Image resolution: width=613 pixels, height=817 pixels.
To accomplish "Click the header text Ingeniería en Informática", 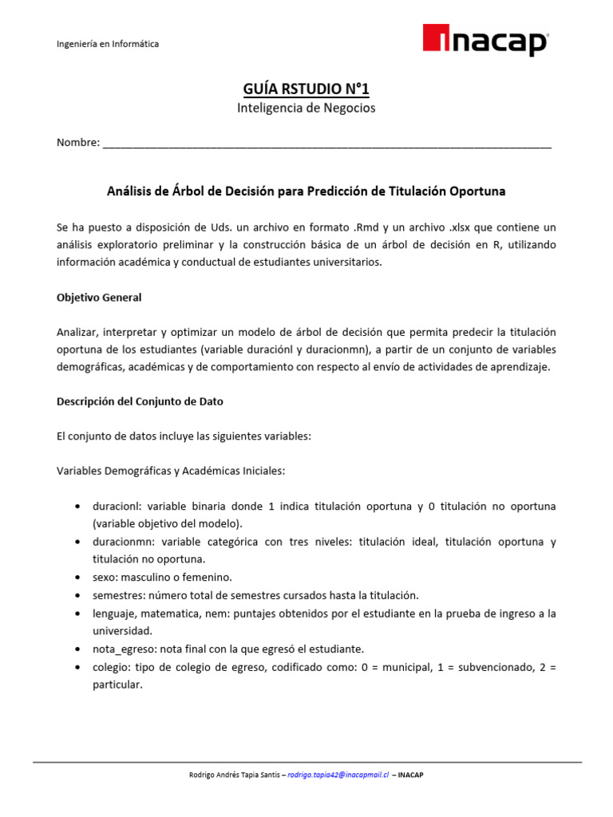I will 107,44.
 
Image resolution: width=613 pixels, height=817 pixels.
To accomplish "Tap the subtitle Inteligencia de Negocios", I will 306,108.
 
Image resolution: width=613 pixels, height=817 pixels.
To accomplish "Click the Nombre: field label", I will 78,143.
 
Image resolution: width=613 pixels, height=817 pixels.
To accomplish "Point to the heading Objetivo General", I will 99,297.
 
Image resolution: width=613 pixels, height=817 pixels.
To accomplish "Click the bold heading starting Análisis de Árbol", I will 306,191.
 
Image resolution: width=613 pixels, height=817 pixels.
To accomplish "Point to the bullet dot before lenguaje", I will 77,614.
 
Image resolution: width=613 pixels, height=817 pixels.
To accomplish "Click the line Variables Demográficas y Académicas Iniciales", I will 170,472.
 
